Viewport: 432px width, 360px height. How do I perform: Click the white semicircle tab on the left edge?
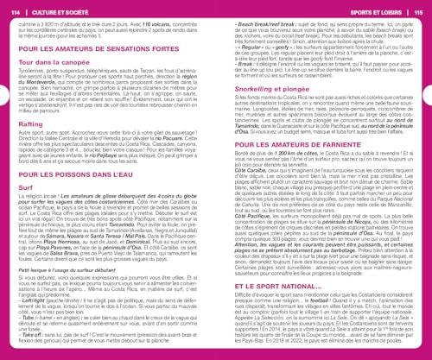coord(4,180)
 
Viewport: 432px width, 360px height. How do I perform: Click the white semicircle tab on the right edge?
coord(428,180)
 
